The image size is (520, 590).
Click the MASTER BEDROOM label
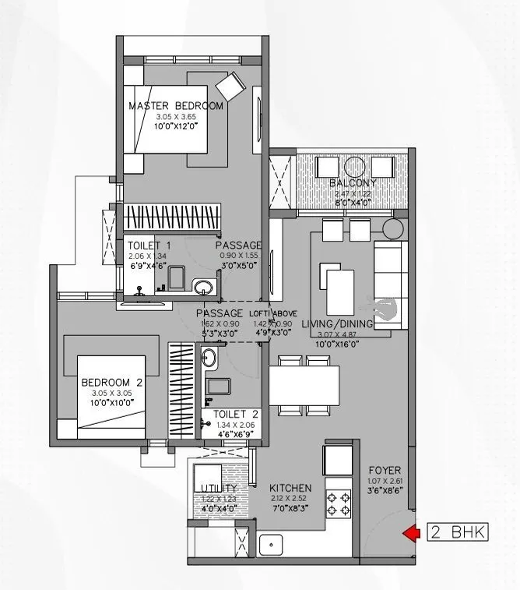[175, 106]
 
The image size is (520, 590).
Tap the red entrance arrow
[409, 533]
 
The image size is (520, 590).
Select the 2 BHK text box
[459, 533]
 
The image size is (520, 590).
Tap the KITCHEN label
[290, 488]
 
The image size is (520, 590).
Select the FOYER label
[385, 470]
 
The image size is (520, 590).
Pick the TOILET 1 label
[149, 246]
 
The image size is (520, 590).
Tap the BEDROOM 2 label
[112, 382]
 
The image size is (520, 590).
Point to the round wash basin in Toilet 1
[204, 285]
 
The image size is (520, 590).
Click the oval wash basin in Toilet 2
[209, 358]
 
